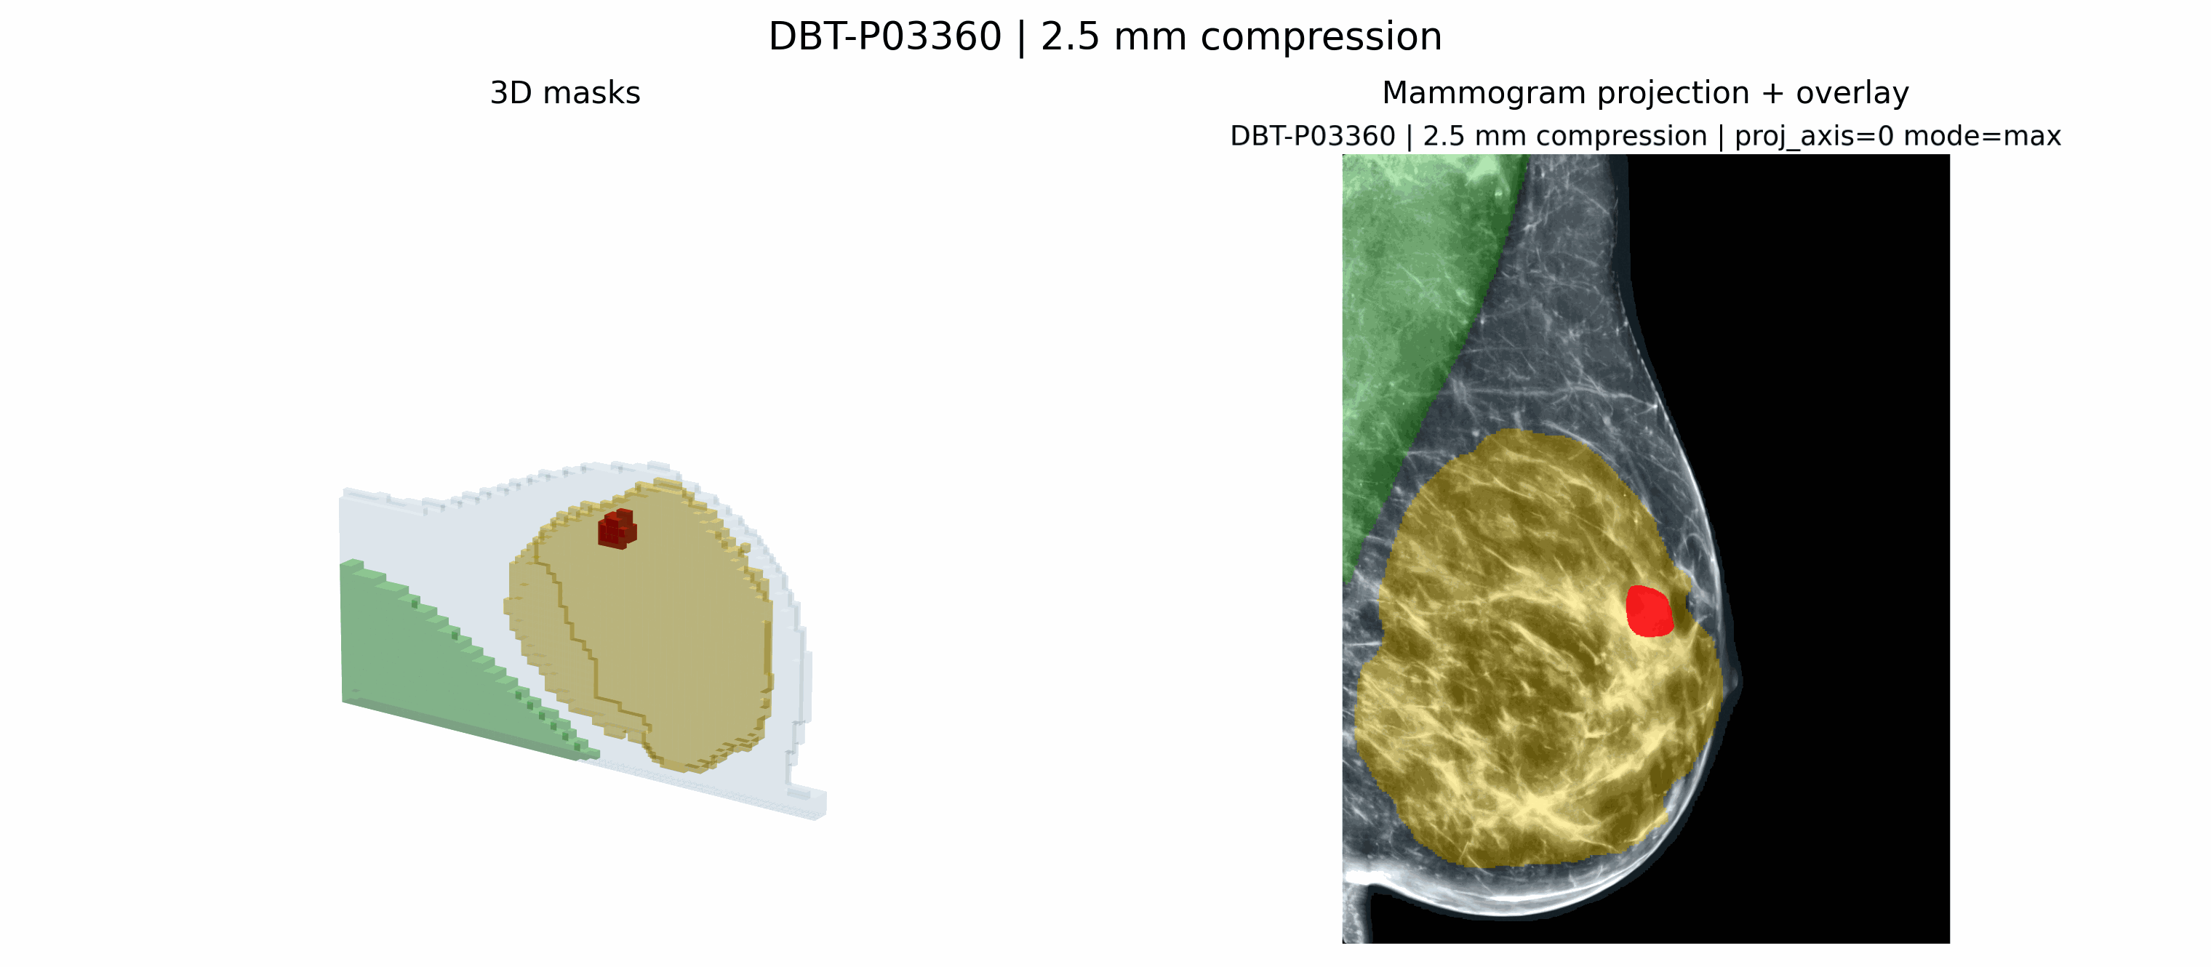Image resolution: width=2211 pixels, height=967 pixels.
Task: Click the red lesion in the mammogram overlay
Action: coord(1649,611)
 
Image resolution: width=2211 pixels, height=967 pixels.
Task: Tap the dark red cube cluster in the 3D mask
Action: coord(617,529)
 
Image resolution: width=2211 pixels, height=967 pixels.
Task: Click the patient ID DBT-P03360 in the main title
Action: coord(885,37)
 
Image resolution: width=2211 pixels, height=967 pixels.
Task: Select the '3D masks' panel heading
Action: coord(565,92)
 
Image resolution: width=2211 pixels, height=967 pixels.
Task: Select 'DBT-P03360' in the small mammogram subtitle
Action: coord(1312,137)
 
